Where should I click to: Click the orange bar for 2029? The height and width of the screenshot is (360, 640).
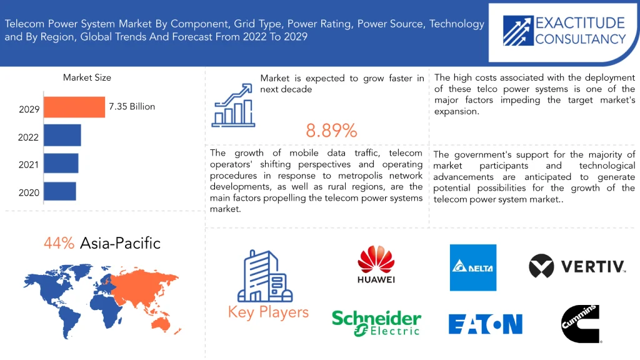pyautogui.click(x=74, y=107)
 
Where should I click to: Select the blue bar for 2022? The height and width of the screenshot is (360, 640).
pyautogui.click(x=62, y=135)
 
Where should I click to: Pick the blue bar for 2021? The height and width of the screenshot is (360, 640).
pyautogui.click(x=61, y=163)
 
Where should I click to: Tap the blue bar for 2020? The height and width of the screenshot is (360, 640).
pyautogui.click(x=60, y=191)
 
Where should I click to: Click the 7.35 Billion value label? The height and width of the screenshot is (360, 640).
pyautogui.click(x=132, y=106)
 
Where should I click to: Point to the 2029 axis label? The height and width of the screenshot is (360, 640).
pyautogui.click(x=29, y=109)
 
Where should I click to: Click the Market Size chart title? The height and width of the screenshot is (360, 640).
pyautogui.click(x=87, y=77)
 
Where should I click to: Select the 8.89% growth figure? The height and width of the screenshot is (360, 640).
pyautogui.click(x=331, y=131)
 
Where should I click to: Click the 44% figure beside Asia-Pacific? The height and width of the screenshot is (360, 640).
pyautogui.click(x=59, y=243)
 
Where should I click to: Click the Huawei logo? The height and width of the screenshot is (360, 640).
pyautogui.click(x=376, y=264)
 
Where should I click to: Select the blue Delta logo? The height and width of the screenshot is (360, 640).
pyautogui.click(x=473, y=267)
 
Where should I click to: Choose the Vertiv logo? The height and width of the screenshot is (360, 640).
pyautogui.click(x=577, y=266)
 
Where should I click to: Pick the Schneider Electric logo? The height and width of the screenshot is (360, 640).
pyautogui.click(x=376, y=323)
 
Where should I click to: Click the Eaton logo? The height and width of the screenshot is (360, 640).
pyautogui.click(x=485, y=324)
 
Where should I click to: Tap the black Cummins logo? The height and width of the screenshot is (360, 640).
pyautogui.click(x=581, y=324)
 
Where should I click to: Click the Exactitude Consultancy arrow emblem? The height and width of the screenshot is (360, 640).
pyautogui.click(x=518, y=31)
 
